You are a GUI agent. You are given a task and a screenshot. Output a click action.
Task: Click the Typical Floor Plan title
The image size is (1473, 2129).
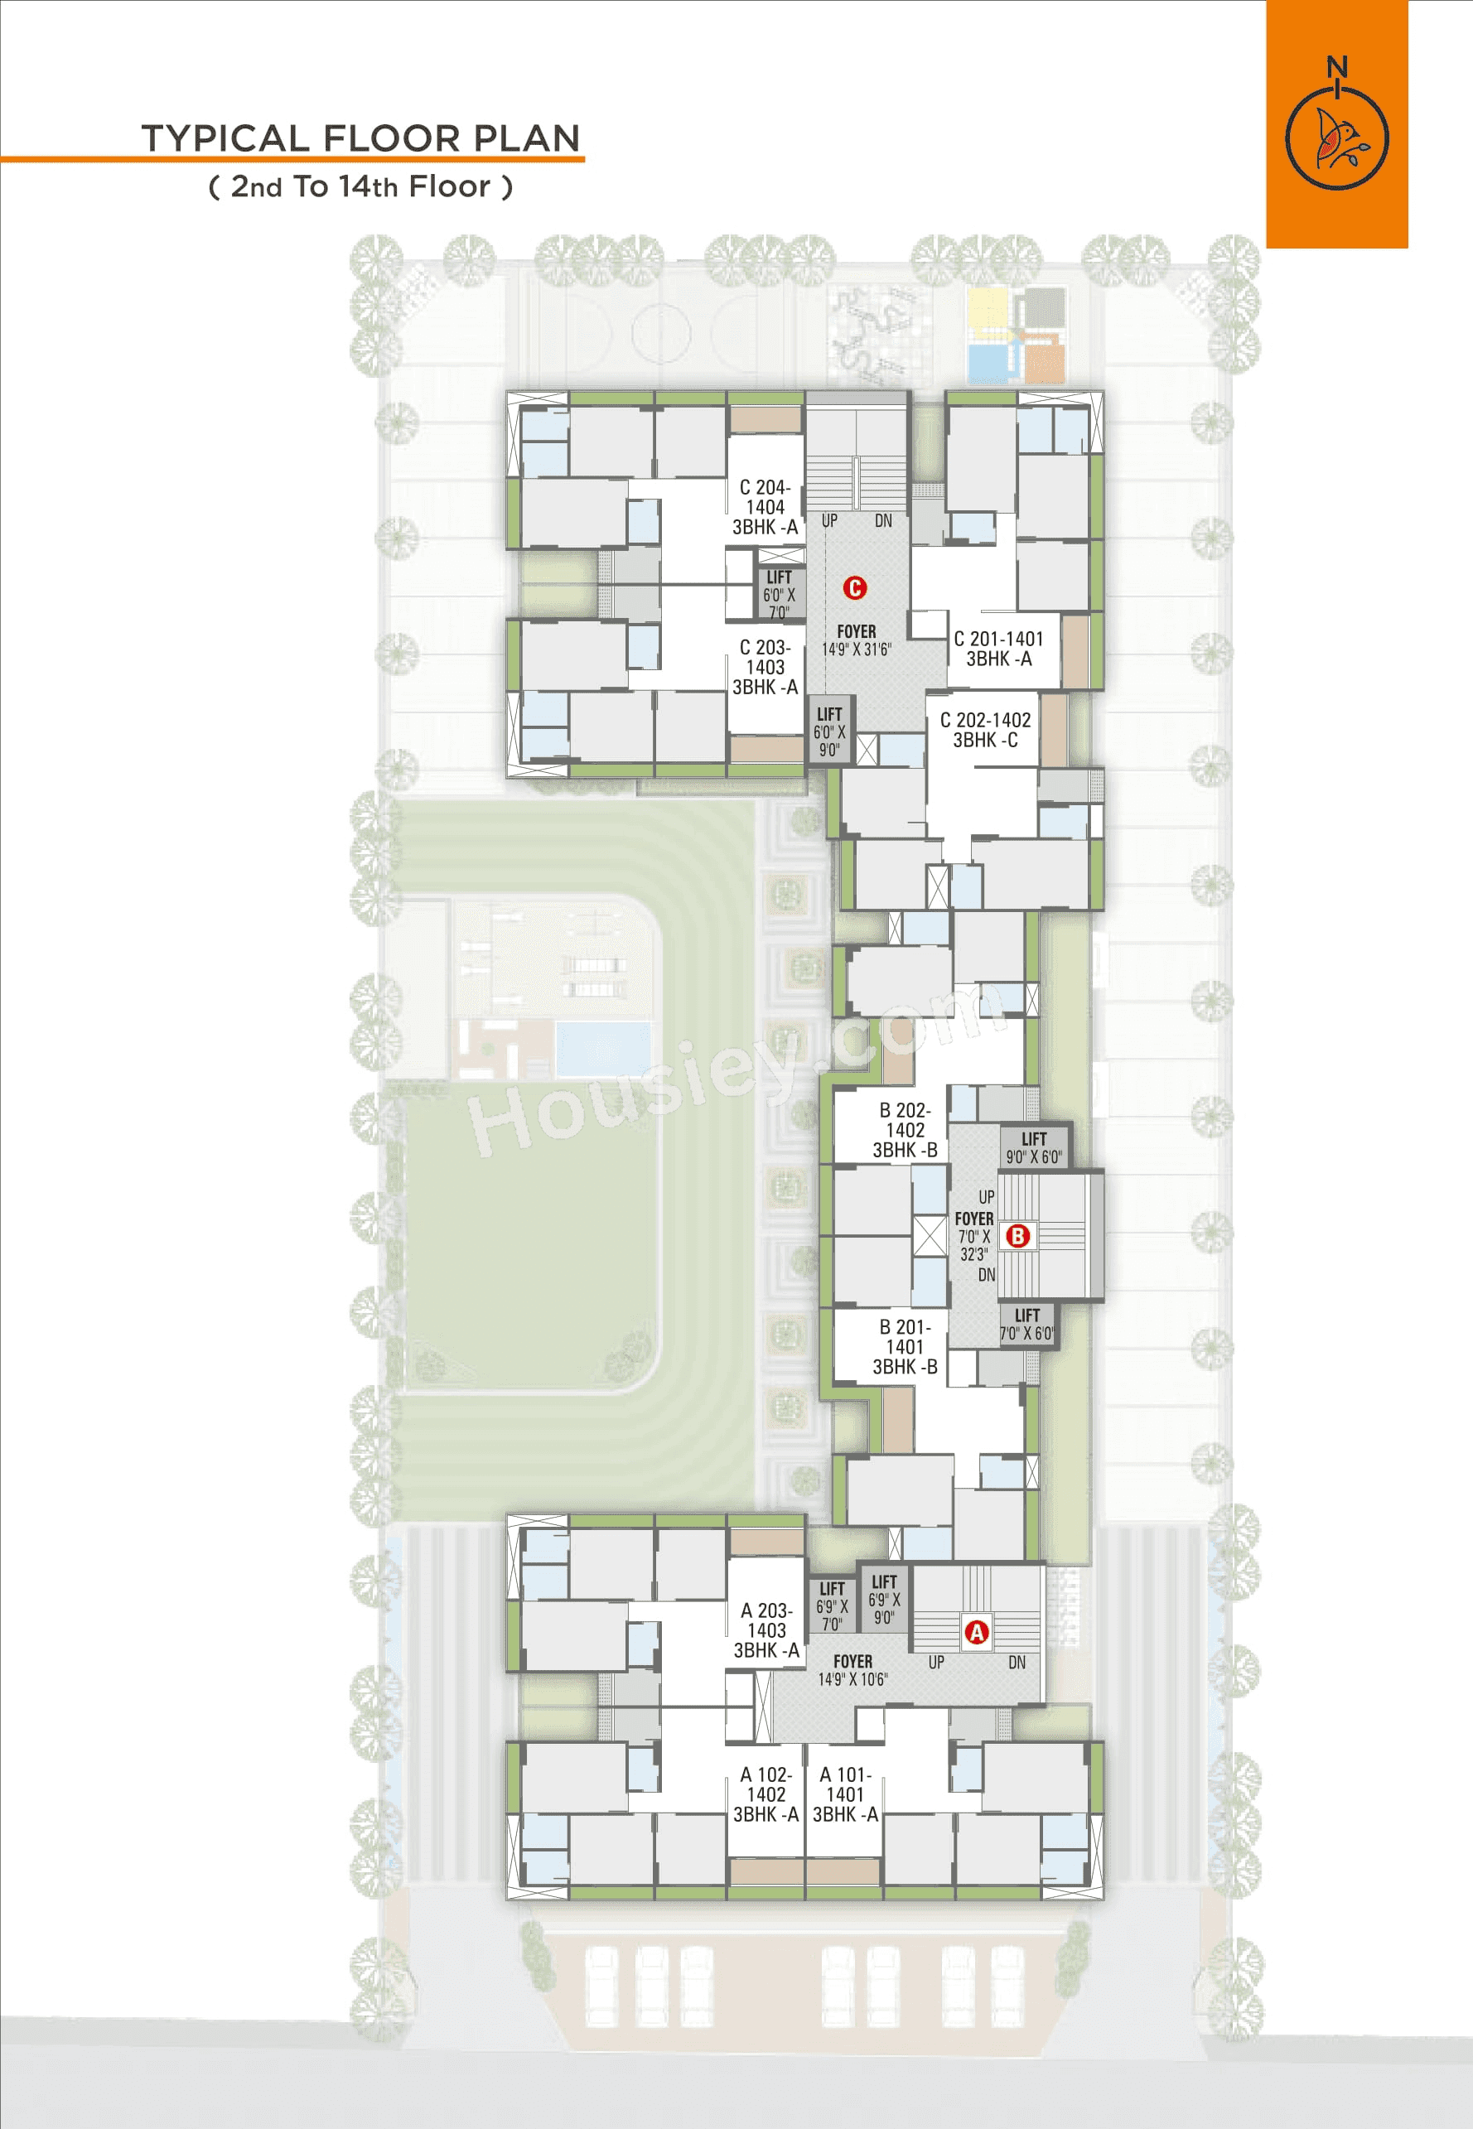360,138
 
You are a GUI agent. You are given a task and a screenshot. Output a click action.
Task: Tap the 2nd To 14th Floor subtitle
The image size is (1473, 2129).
360,186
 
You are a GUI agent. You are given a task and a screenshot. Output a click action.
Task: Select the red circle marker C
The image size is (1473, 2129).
855,588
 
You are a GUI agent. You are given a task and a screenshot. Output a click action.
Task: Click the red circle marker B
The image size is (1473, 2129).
1017,1235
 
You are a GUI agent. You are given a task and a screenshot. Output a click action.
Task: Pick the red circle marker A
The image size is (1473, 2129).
976,1632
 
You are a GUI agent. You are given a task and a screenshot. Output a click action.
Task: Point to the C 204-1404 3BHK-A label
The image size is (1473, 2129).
765,507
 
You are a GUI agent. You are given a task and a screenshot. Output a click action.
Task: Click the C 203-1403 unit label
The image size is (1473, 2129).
765,667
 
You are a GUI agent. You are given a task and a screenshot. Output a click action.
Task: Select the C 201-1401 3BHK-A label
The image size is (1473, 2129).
998,649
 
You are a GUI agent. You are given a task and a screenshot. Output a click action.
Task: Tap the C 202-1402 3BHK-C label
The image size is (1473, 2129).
985,730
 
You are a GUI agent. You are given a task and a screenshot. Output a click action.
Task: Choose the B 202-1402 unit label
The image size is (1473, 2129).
905,1130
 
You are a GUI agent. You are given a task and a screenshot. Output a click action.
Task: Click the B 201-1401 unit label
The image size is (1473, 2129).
905,1346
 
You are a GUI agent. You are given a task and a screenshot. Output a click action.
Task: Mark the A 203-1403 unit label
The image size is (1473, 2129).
766,1629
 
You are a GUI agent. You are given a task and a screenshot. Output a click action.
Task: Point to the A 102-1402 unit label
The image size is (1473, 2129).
766,1794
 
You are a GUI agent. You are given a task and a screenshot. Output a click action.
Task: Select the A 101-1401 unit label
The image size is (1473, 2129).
844,1794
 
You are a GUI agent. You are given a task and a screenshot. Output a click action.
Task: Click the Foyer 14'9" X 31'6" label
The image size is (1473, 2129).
857,640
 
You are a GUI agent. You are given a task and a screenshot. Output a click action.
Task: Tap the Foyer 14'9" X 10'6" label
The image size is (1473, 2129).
852,1670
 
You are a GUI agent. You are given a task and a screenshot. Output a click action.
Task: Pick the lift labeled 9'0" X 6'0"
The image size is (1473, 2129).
1034,1147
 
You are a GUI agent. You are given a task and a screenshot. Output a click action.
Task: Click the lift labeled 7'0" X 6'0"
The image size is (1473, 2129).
1027,1323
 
